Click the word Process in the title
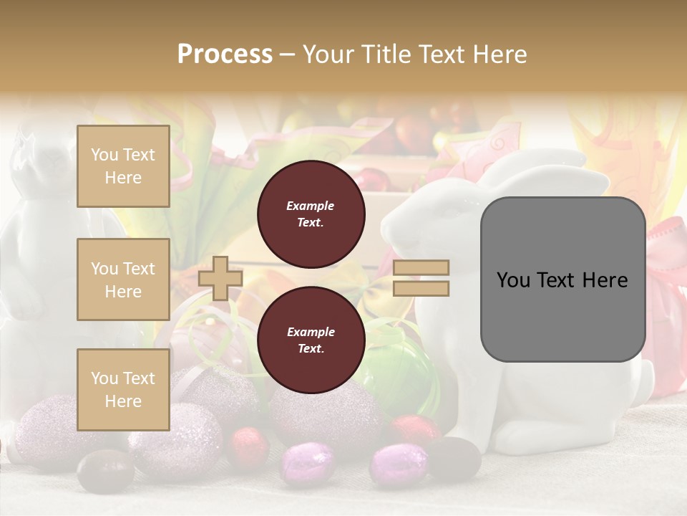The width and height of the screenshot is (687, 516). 225,54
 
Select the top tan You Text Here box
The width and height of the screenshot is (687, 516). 123,166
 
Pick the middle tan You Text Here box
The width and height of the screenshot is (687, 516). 123,279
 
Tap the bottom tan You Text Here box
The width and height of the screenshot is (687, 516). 123,389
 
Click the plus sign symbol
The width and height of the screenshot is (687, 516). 220,278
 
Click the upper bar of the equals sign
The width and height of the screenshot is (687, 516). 422,268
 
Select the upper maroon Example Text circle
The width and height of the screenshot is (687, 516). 311,214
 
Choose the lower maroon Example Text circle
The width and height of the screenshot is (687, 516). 311,340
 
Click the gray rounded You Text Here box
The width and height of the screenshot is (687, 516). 562,279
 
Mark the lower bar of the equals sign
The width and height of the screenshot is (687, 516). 422,288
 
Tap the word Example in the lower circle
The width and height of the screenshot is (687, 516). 311,332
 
